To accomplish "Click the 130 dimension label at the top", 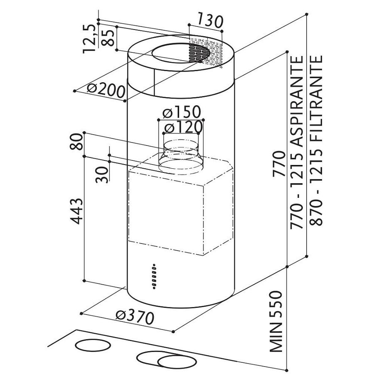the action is coord(210,21).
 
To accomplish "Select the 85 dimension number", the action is coord(108,38).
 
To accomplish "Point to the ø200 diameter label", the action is coord(106,90).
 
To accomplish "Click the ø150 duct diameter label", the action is coord(182,112).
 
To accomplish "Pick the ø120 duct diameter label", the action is coord(183,128).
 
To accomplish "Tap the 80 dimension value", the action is coord(76,141).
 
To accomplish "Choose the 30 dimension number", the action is coord(102,175).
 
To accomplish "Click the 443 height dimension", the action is coord(77,211).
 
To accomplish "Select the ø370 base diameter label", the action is coord(135,317).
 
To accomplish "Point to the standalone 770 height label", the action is coord(279,164).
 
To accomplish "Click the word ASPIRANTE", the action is coord(297,101).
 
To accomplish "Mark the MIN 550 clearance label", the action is coord(276,321).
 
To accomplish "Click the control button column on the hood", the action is coord(154,277).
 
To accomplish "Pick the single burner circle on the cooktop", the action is coord(93,345).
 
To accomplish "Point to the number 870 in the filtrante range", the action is coord(316,212).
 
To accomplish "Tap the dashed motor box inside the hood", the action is coord(181,206).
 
